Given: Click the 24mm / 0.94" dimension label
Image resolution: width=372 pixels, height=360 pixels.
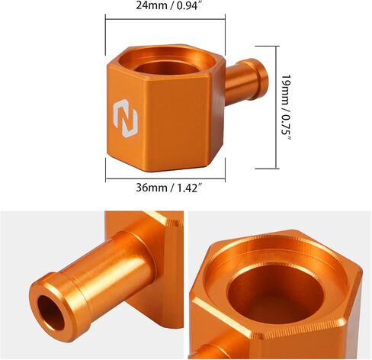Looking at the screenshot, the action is (170, 5).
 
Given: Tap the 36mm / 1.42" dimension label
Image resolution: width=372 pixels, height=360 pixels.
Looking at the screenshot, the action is (169, 188).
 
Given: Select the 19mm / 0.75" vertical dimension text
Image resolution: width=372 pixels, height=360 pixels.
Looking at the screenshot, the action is (286, 108).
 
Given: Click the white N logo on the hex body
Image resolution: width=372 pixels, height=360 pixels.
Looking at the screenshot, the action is (125, 118).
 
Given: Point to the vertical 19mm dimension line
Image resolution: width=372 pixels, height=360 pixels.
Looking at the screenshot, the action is (276, 108).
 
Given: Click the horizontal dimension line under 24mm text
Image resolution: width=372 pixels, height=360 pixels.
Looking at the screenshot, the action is (165, 19).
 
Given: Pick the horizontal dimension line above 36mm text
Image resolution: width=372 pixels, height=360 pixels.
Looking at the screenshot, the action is (165, 178).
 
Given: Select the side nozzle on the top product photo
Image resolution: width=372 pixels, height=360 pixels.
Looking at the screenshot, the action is (246, 81).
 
